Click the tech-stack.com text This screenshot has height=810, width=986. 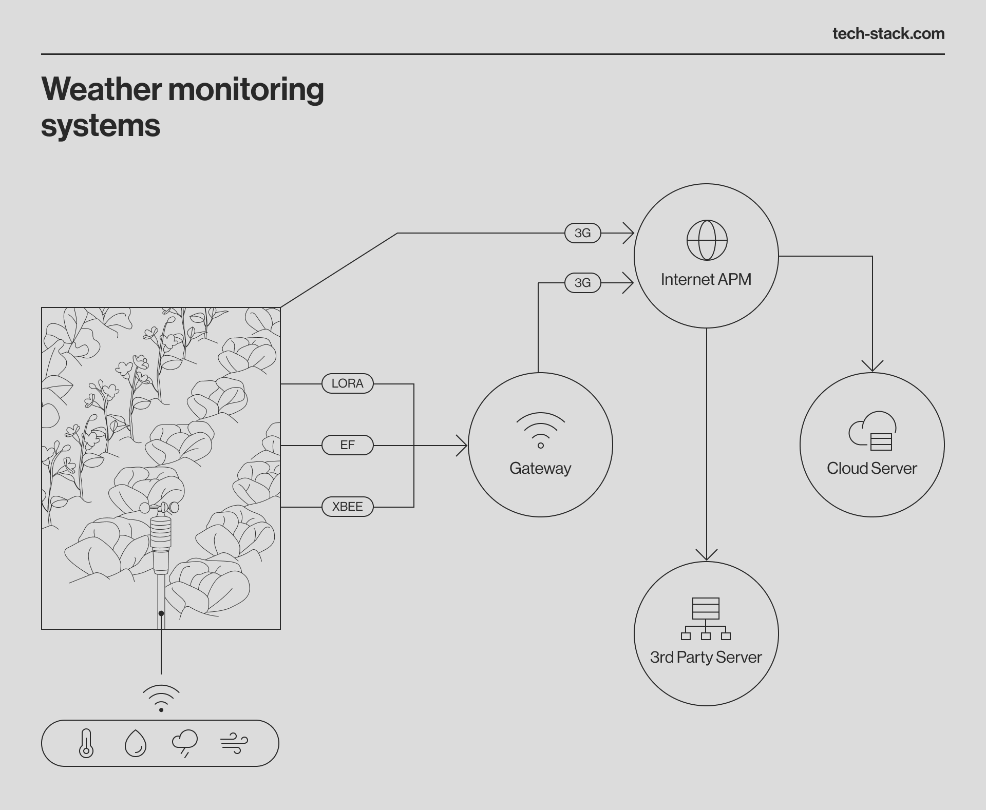pyautogui.click(x=888, y=34)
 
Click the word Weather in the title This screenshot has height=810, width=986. pyautogui.click(x=102, y=89)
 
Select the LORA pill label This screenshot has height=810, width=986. pyautogui.click(x=347, y=383)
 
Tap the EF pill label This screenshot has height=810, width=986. pyautogui.click(x=347, y=445)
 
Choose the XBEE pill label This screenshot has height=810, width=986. pyautogui.click(x=347, y=507)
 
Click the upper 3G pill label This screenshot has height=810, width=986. pyautogui.click(x=582, y=233)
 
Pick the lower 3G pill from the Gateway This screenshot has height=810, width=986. pyautogui.click(x=582, y=283)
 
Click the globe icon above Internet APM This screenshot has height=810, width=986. pyautogui.click(x=707, y=240)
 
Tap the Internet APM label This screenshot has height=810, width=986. pyautogui.click(x=706, y=279)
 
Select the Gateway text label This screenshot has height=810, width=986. pyautogui.click(x=540, y=468)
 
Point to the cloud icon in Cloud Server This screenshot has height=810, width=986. pyautogui.click(x=872, y=431)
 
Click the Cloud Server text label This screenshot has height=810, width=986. pyautogui.click(x=871, y=468)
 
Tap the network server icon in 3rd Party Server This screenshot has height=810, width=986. pyautogui.click(x=706, y=619)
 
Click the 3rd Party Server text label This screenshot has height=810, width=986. pyautogui.click(x=706, y=657)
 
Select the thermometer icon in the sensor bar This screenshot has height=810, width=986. pyautogui.click(x=86, y=743)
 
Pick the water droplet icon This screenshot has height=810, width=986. pyautogui.click(x=136, y=743)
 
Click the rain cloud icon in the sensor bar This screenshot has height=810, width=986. pyautogui.click(x=185, y=743)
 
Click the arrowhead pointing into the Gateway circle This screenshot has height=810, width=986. pyautogui.click(x=462, y=446)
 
